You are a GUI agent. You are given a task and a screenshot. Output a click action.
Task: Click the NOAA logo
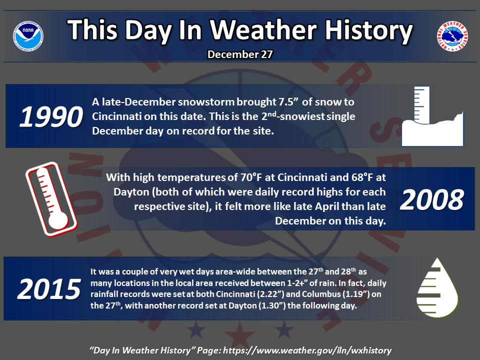28,36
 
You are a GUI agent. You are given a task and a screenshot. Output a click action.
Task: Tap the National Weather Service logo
452,36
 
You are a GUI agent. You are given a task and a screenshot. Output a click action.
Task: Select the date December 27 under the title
240,54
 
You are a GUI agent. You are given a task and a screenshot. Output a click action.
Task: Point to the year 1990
51,116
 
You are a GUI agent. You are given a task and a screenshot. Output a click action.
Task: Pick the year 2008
432,199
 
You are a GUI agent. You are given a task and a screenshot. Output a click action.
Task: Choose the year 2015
49,289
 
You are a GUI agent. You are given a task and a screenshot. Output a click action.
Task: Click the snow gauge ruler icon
432,116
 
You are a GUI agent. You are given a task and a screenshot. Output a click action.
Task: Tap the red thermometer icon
51,199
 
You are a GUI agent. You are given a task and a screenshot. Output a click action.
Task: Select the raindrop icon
437,288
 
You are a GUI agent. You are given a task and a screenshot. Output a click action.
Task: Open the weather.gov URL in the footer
307,350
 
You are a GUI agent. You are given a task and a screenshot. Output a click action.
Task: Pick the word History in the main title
369,30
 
